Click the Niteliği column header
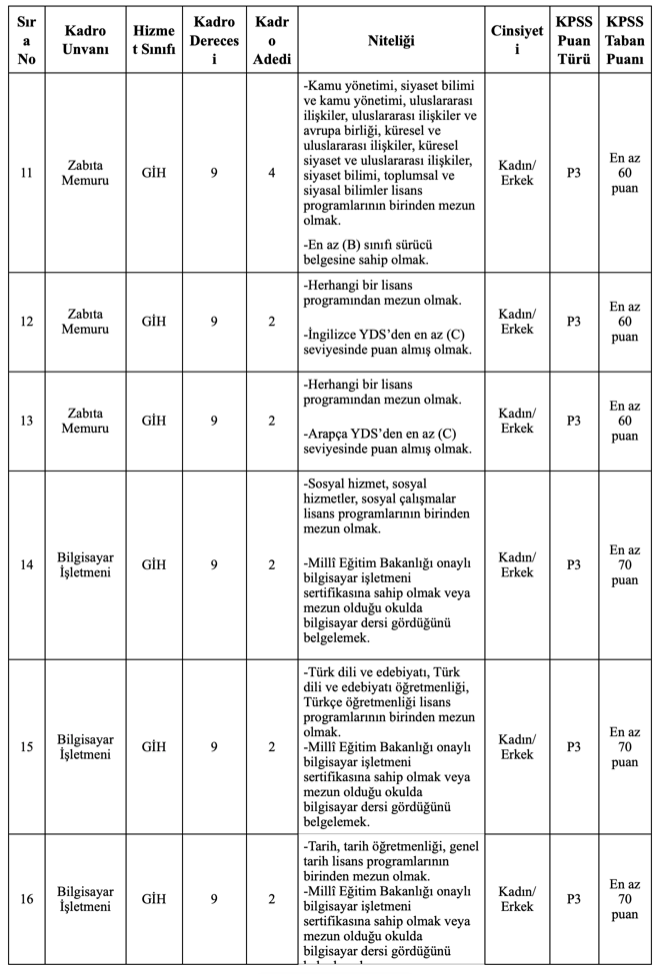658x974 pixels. (x=391, y=40)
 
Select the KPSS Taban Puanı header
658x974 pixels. (x=624, y=40)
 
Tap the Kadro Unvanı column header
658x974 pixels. (x=86, y=40)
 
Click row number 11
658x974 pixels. (x=26, y=173)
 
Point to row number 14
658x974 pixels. (x=26, y=564)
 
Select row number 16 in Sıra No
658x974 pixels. (x=26, y=898)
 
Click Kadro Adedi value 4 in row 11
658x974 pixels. (x=272, y=173)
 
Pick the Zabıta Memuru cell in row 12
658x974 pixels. (x=86, y=322)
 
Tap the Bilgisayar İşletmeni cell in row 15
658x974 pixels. (x=86, y=746)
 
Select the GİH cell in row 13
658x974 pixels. (x=154, y=421)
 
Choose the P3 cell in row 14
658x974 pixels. (x=574, y=564)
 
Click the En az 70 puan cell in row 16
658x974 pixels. (x=624, y=898)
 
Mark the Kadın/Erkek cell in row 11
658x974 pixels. (x=517, y=173)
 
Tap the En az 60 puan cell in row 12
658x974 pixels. (x=624, y=322)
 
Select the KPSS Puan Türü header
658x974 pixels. (x=574, y=40)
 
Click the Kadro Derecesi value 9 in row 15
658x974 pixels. (x=214, y=746)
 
